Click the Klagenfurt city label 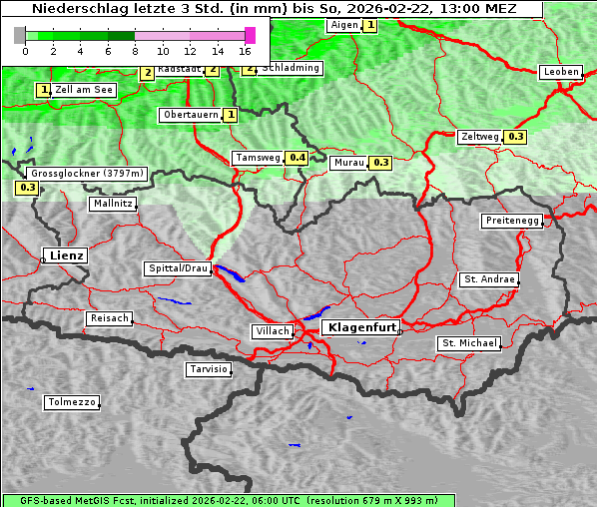[x=363, y=326]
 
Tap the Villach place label [x=272, y=330]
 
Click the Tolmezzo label [x=72, y=402]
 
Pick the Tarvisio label [x=209, y=369]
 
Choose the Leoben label [x=560, y=72]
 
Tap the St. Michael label [x=469, y=343]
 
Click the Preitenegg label [x=512, y=221]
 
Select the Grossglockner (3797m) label [x=88, y=173]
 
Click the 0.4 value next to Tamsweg [x=298, y=158]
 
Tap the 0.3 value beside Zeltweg [x=516, y=137]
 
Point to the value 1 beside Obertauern [x=232, y=115]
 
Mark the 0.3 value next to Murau [x=380, y=162]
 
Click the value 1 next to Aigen [x=370, y=25]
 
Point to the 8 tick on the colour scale [x=135, y=50]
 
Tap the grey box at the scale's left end [x=20, y=35]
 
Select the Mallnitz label [x=113, y=203]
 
